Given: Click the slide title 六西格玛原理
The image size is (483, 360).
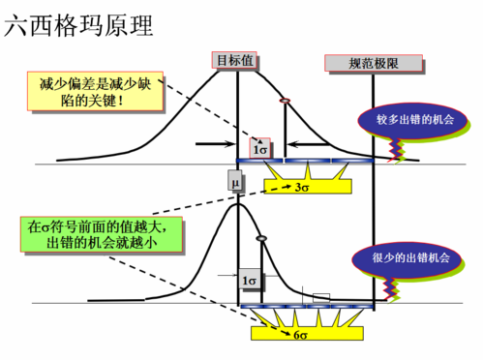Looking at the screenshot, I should pos(79,25).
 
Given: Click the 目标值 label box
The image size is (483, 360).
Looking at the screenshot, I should pos(235,60).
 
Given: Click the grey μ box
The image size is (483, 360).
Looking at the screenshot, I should pos(234,180).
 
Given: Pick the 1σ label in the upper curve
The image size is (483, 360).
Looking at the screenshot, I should pos(259,148).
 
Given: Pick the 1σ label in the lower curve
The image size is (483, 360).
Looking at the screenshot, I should pos(249,280).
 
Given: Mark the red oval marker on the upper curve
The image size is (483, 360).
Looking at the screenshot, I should pos(285,102).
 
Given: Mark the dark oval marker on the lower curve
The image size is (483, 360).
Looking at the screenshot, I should pos(259,239).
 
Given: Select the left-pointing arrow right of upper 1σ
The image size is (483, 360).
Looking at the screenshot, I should pos(297,145).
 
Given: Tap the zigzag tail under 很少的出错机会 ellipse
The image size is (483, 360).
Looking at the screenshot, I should pos(391,285).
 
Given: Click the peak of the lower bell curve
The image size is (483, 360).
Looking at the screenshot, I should pos(235,202).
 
